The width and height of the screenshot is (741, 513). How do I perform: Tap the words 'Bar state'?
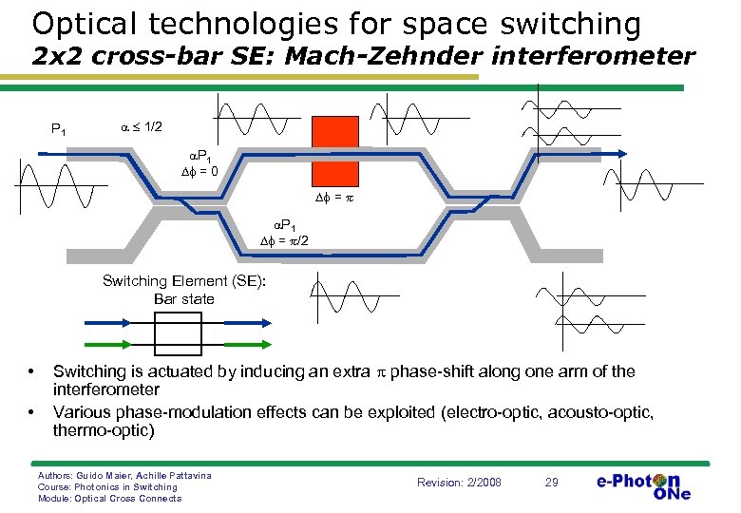point(184,298)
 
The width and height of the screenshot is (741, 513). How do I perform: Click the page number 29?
point(551,483)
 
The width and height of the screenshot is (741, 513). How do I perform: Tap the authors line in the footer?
point(123,474)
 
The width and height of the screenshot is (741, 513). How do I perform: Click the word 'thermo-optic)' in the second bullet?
point(103,429)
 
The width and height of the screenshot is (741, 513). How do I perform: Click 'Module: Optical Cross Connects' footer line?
point(108,498)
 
